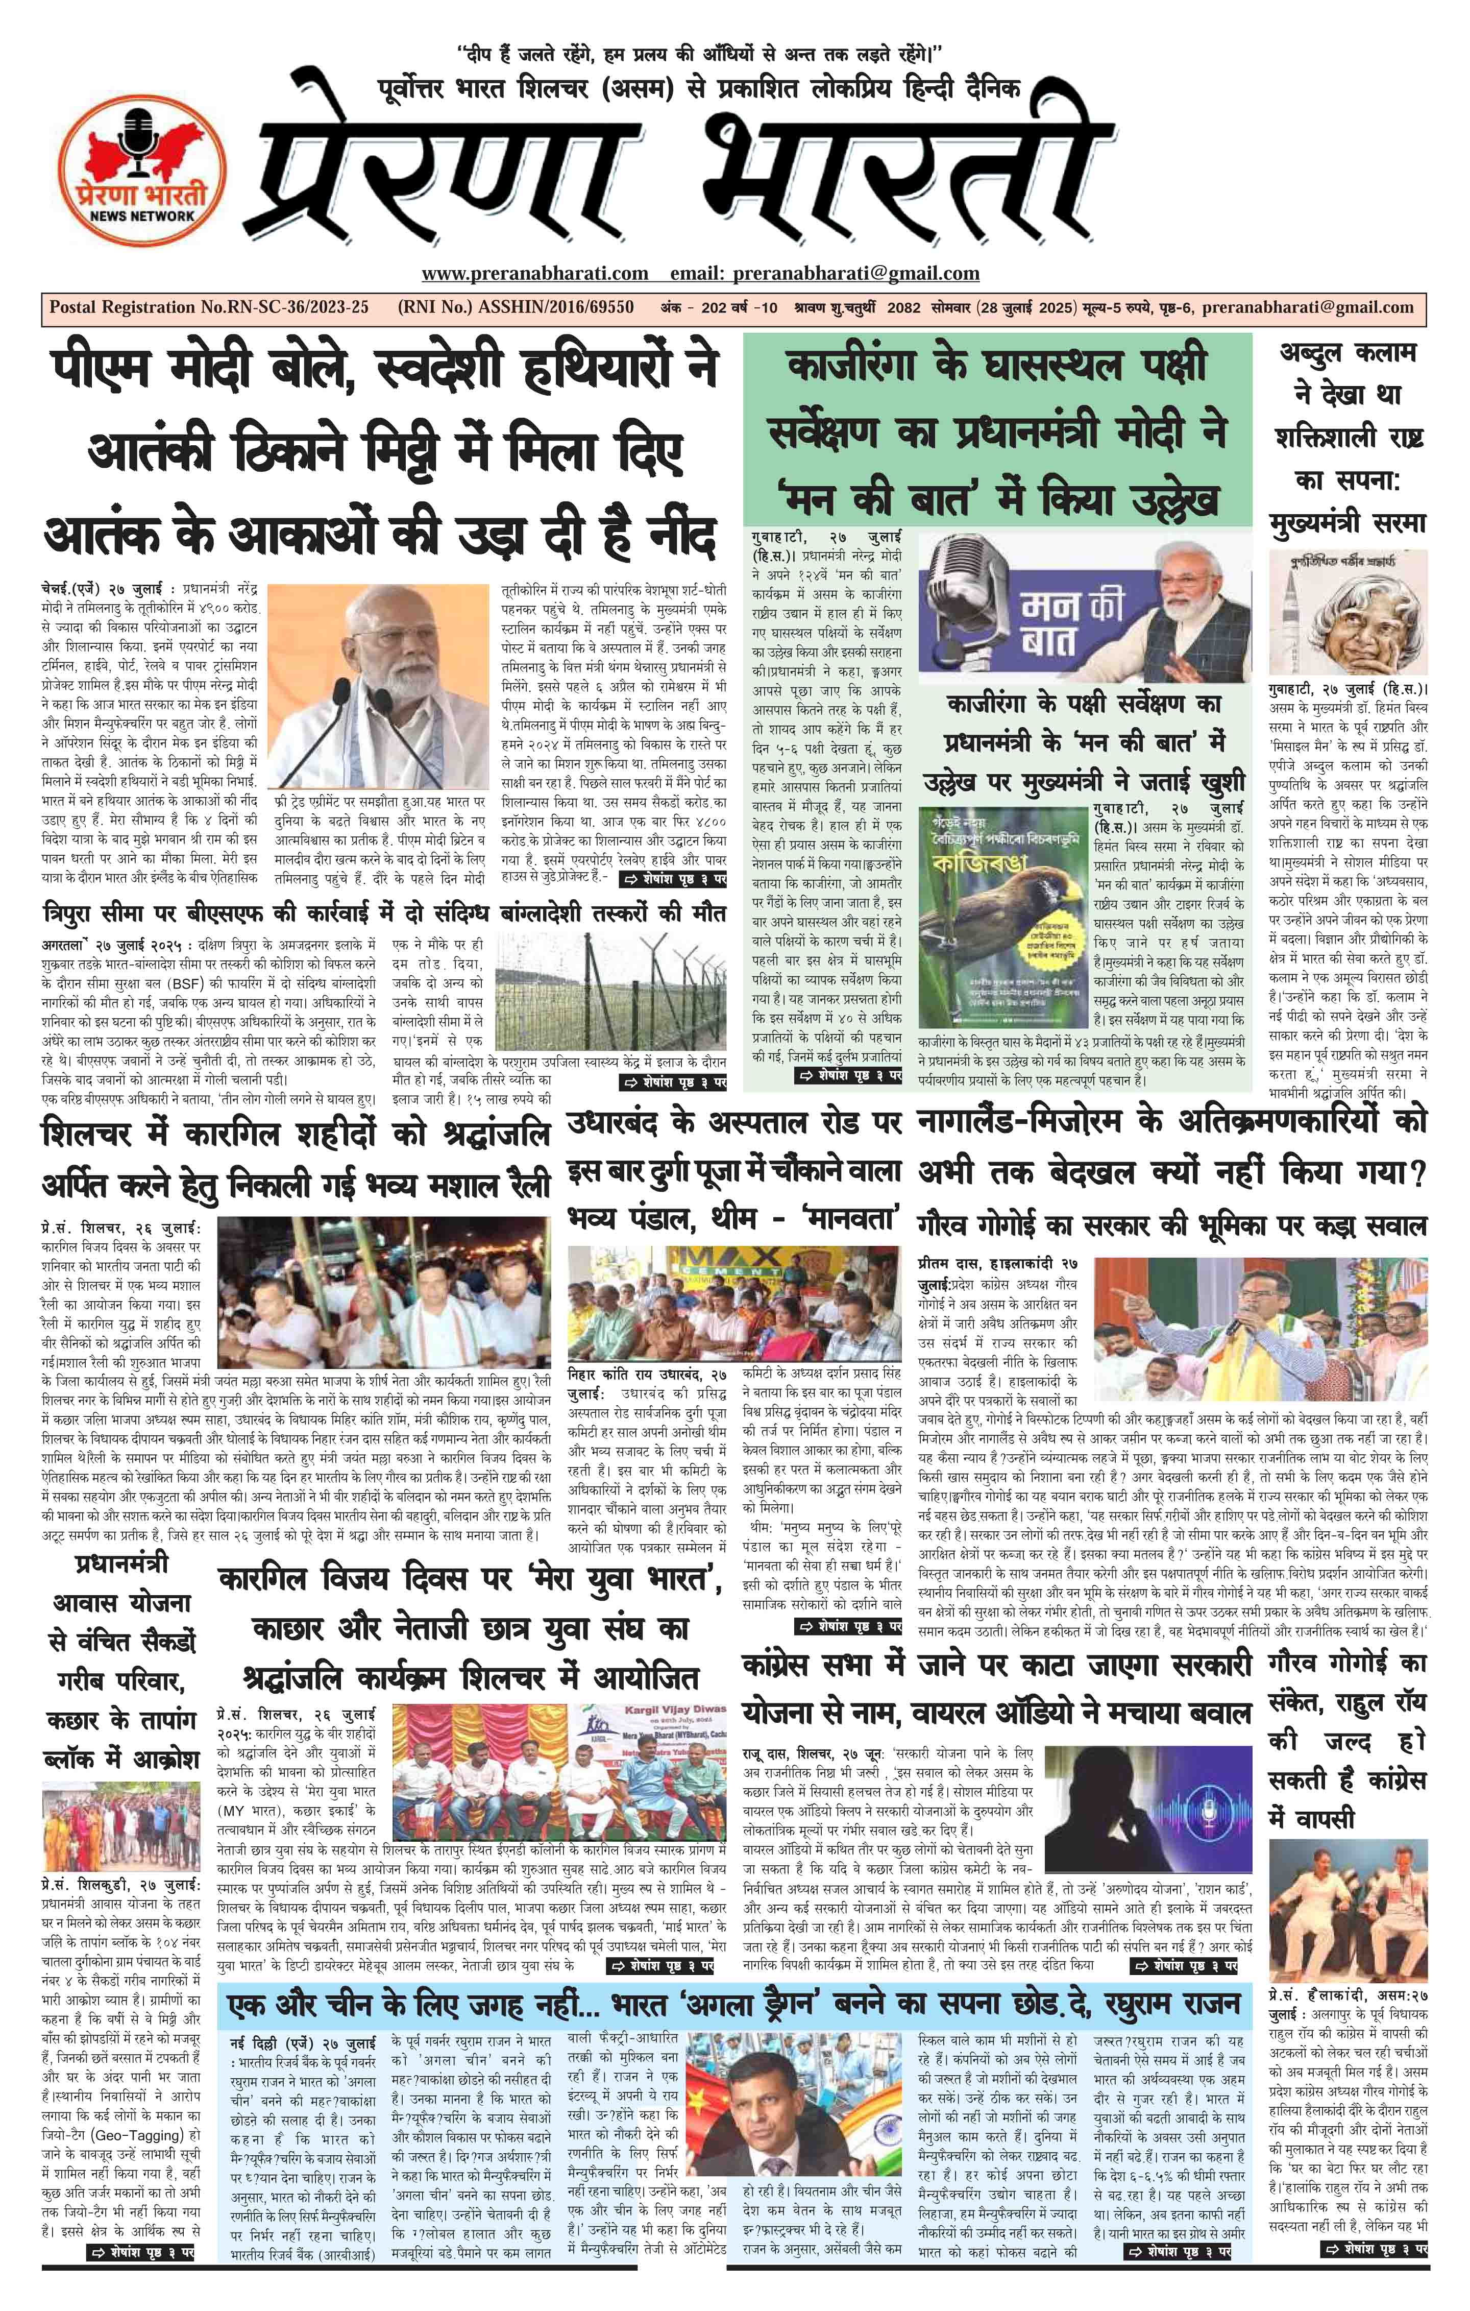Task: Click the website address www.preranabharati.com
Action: (534, 274)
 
